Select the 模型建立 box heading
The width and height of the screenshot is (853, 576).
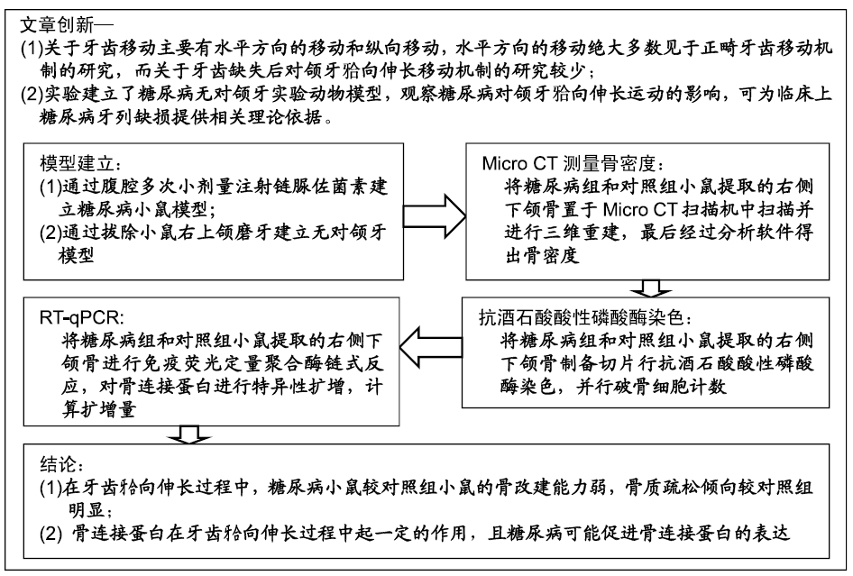coord(76,163)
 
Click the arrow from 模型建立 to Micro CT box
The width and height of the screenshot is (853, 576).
coord(435,216)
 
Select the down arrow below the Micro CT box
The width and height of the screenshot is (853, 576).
coord(650,288)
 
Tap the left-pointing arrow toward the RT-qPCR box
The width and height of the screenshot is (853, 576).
coord(431,348)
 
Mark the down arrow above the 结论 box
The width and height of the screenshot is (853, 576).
coord(189,434)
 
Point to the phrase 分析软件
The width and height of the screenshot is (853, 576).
coord(739,232)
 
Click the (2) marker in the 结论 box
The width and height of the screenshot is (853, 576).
coord(50,534)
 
